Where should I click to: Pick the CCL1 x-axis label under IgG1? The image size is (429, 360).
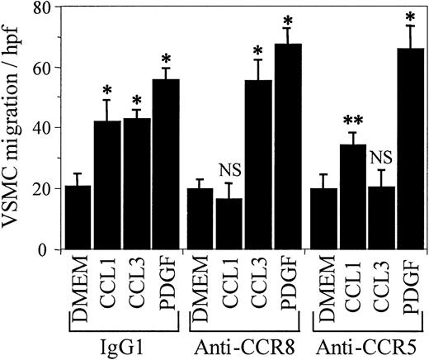(108, 289)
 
